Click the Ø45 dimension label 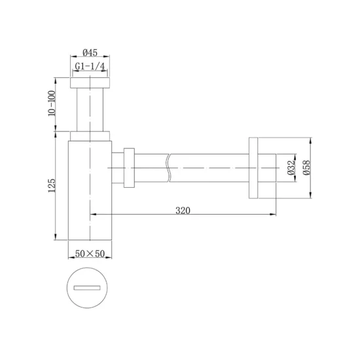[x=90, y=52]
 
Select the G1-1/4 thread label [x=90, y=66]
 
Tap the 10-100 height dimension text [x=52, y=103]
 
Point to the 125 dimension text [x=52, y=185]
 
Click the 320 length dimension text [x=183, y=210]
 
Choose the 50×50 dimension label [x=90, y=253]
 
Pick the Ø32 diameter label [x=291, y=168]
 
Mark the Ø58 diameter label [x=306, y=168]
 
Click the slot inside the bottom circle [x=87, y=288]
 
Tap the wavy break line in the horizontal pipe [x=169, y=168]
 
